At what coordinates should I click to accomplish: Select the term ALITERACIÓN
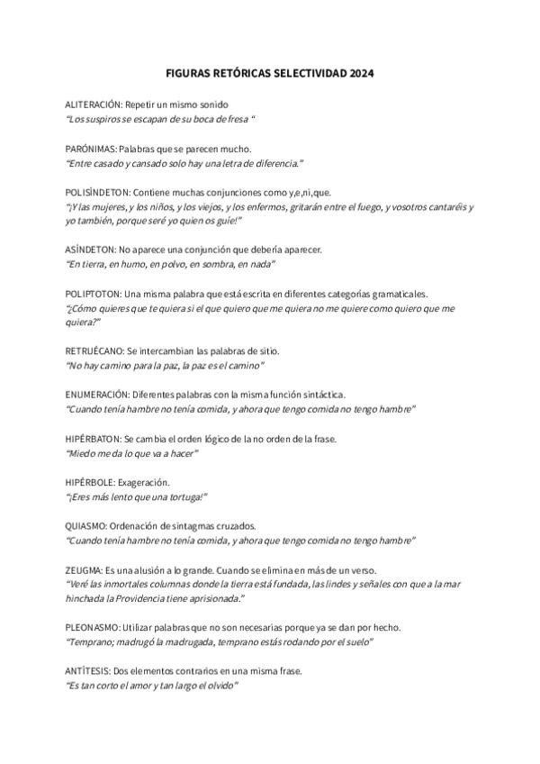[94, 105]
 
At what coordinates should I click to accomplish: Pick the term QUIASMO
[85, 525]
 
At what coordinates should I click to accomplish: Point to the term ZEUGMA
[83, 569]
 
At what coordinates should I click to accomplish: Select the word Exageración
[145, 482]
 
